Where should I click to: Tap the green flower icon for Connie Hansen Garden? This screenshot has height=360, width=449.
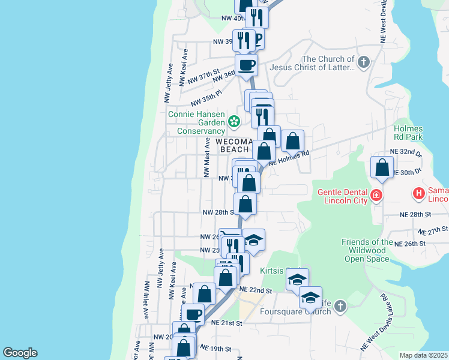tap(234, 122)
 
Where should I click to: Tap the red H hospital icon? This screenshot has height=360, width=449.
tap(418, 193)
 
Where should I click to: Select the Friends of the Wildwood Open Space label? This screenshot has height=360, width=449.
tap(367, 251)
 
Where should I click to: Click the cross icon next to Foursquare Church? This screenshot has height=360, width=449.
tap(340, 307)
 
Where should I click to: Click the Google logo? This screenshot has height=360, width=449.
tap(20, 353)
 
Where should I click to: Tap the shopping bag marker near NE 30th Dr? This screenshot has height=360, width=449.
tap(382, 169)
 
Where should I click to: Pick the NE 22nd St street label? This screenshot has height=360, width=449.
tap(256, 290)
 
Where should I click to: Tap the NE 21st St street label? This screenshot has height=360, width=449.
tap(226, 323)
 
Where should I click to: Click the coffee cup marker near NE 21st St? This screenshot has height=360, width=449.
tap(193, 314)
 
